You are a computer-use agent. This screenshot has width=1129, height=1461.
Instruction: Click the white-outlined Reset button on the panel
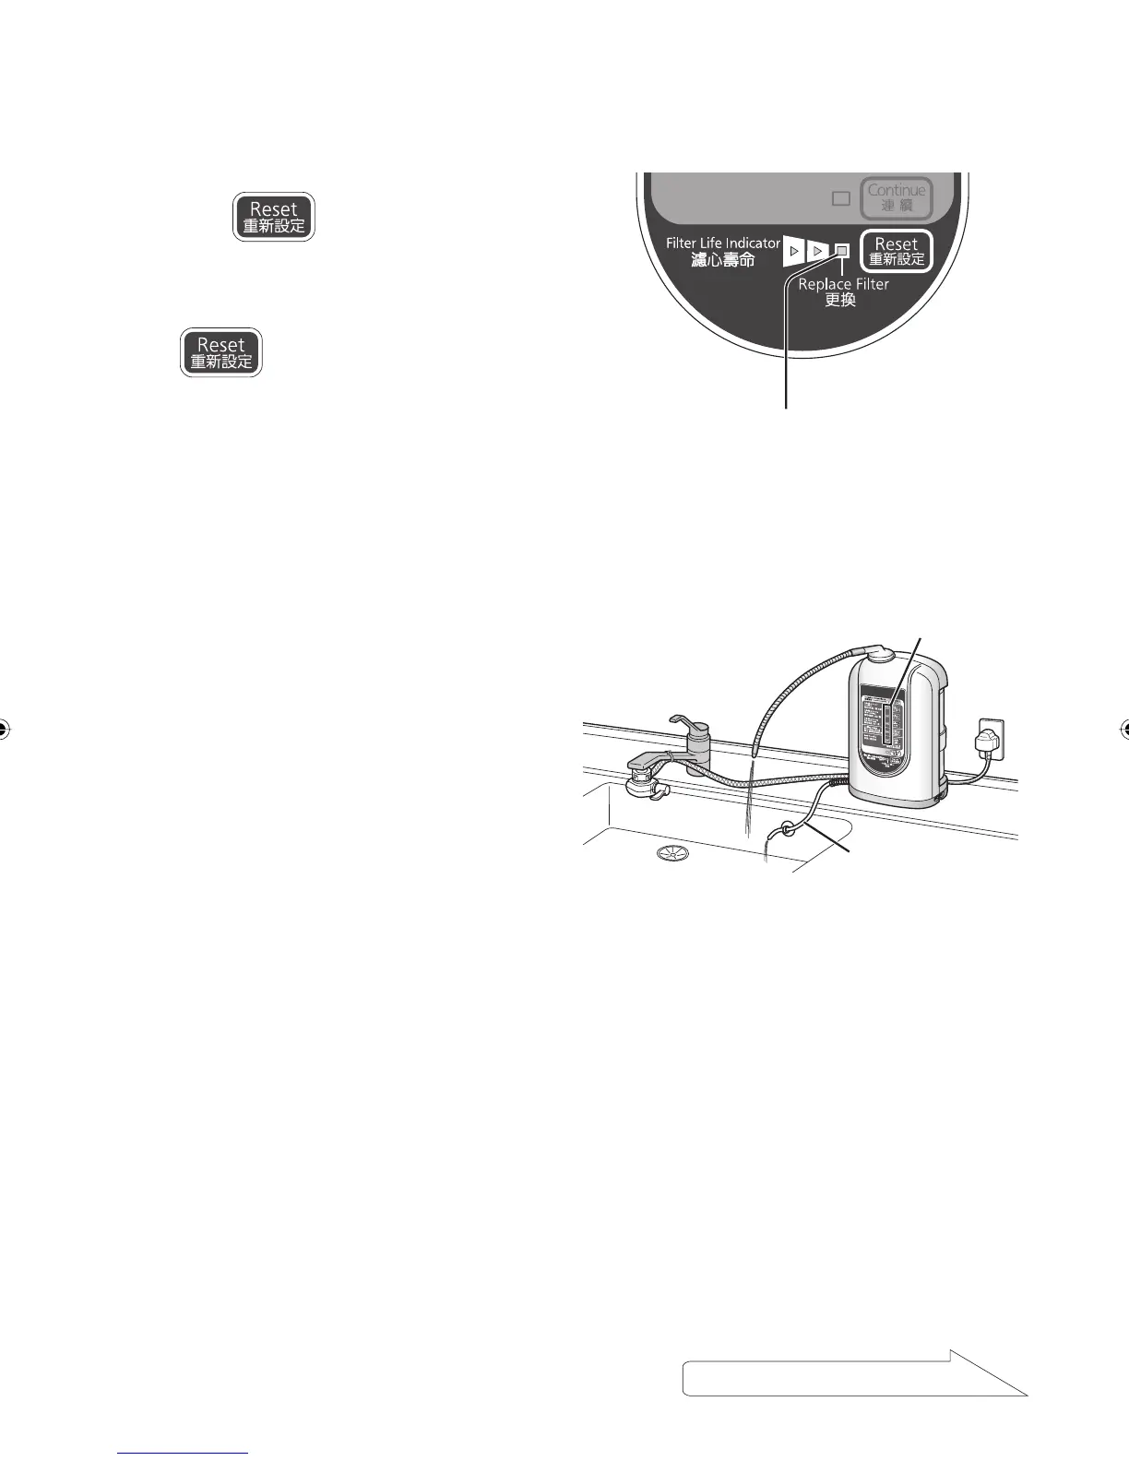[897, 251]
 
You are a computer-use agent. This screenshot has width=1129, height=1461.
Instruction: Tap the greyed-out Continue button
[897, 197]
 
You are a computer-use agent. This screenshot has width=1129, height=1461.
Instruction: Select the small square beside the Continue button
[840, 197]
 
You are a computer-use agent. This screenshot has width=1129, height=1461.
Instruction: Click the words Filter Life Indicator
[722, 243]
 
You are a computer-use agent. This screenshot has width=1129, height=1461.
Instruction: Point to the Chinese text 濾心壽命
[722, 261]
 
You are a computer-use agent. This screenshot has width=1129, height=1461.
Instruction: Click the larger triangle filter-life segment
[794, 251]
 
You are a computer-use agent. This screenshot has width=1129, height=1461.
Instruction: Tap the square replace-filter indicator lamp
[841, 251]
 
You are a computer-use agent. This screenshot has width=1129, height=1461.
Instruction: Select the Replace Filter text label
[843, 284]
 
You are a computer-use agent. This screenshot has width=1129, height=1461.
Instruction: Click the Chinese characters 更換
[840, 301]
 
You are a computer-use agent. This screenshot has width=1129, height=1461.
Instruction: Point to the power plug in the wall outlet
[988, 740]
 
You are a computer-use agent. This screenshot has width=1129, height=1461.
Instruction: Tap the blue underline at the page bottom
[184, 1452]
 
